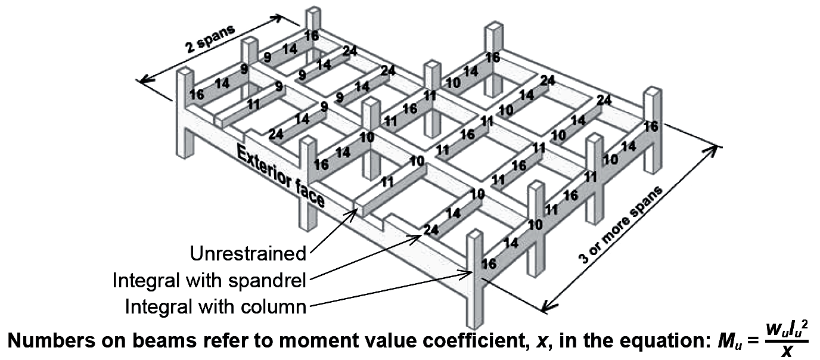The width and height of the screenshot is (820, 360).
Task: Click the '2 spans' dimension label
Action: [x=210, y=39]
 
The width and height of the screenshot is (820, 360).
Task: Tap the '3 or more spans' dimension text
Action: [x=620, y=225]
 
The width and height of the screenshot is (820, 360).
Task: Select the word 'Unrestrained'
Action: [x=248, y=253]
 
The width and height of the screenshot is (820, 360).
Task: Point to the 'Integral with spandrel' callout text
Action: [x=209, y=281]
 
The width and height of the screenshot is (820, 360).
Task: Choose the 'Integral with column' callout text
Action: [x=216, y=306]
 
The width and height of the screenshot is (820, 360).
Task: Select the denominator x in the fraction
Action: [x=787, y=352]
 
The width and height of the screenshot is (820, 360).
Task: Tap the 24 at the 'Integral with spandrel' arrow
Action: [x=430, y=230]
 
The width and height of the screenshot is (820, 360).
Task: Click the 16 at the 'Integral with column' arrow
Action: [x=489, y=263]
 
